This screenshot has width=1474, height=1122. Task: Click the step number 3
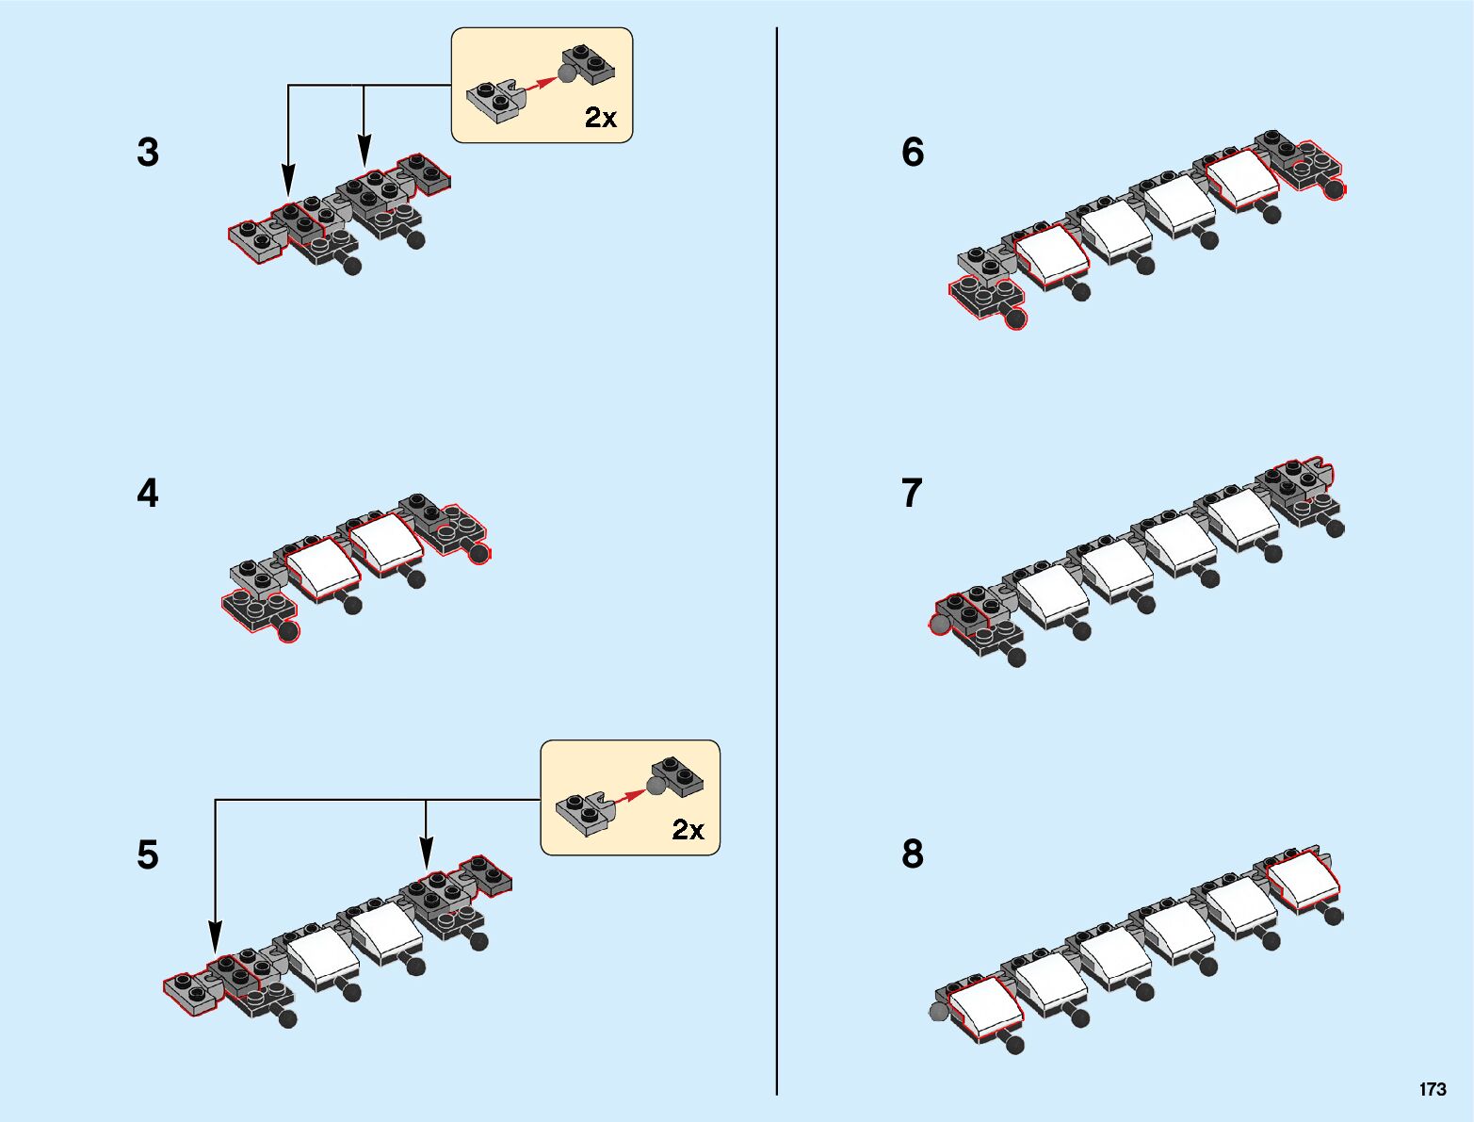click(x=148, y=153)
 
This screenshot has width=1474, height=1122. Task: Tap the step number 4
click(x=148, y=494)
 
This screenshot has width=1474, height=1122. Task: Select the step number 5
click(x=148, y=855)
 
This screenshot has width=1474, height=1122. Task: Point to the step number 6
click(x=913, y=153)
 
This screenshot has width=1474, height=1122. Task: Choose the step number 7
click(x=913, y=494)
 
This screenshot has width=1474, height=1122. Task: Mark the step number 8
click(x=913, y=854)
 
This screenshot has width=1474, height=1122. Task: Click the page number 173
click(x=1433, y=1089)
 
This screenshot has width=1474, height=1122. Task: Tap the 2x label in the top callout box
click(x=601, y=118)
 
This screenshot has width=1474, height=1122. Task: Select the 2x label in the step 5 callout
click(x=688, y=830)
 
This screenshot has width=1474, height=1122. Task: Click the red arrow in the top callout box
click(x=539, y=84)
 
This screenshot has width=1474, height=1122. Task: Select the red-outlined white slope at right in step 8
click(x=1304, y=880)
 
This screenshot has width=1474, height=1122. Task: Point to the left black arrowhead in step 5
click(x=216, y=937)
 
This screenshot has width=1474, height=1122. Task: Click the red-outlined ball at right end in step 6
click(x=1334, y=188)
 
